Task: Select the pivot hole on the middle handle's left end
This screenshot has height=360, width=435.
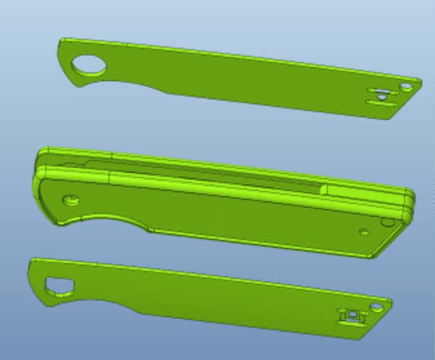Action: (70, 199)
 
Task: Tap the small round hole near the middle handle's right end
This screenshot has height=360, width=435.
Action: (364, 231)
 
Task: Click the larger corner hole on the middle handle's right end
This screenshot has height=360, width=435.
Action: (388, 223)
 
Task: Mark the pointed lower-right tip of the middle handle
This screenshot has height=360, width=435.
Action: (372, 257)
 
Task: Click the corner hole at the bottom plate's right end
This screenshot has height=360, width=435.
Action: (376, 306)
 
